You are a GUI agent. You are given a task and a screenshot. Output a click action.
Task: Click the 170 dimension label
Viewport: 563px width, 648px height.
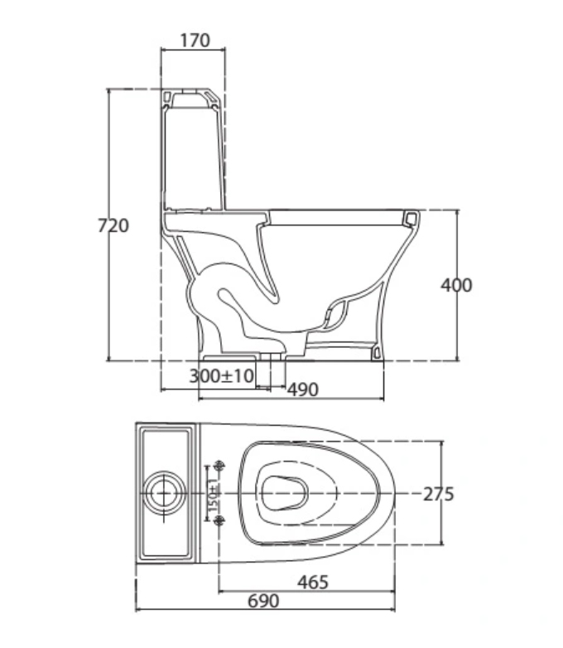195,41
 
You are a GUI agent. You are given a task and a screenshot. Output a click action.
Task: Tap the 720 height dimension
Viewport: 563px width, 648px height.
113,225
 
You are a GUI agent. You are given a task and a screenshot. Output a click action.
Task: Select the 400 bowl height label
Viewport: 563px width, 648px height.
456,285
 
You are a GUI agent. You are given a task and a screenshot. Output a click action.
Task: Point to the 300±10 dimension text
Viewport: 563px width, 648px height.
221,376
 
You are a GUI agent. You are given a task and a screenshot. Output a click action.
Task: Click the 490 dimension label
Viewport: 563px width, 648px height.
303,389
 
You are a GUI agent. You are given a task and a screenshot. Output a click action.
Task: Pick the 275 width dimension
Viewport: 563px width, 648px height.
438,494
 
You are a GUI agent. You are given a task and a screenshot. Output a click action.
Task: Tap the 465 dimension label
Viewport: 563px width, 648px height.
313,583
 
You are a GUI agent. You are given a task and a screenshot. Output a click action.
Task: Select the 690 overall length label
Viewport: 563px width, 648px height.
263,601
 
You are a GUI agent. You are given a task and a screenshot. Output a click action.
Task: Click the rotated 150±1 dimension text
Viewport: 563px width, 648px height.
213,495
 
